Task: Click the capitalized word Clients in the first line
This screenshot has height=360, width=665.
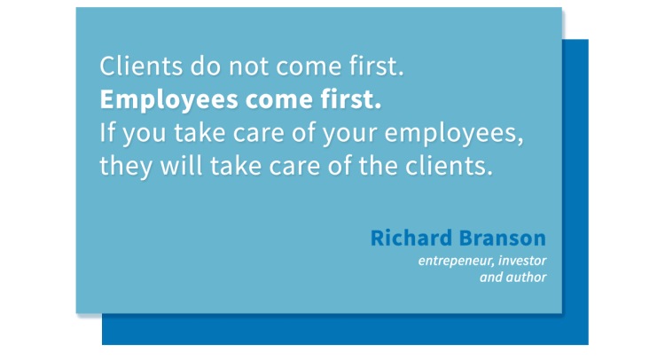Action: [133, 67]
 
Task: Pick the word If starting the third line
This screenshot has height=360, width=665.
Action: [107, 133]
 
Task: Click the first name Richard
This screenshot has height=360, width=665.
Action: [410, 239]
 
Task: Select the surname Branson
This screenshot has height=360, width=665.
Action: [502, 239]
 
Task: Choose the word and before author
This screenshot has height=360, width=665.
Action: [491, 278]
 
